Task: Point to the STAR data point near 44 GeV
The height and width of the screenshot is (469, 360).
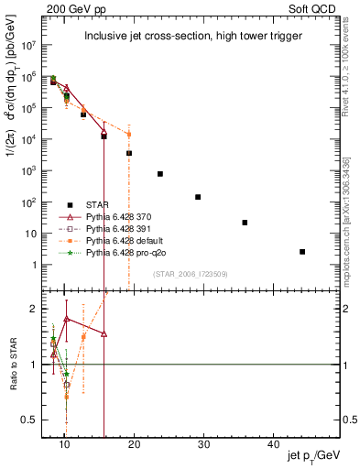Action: point(302,251)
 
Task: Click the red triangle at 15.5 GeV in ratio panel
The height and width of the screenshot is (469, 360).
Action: point(104,334)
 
